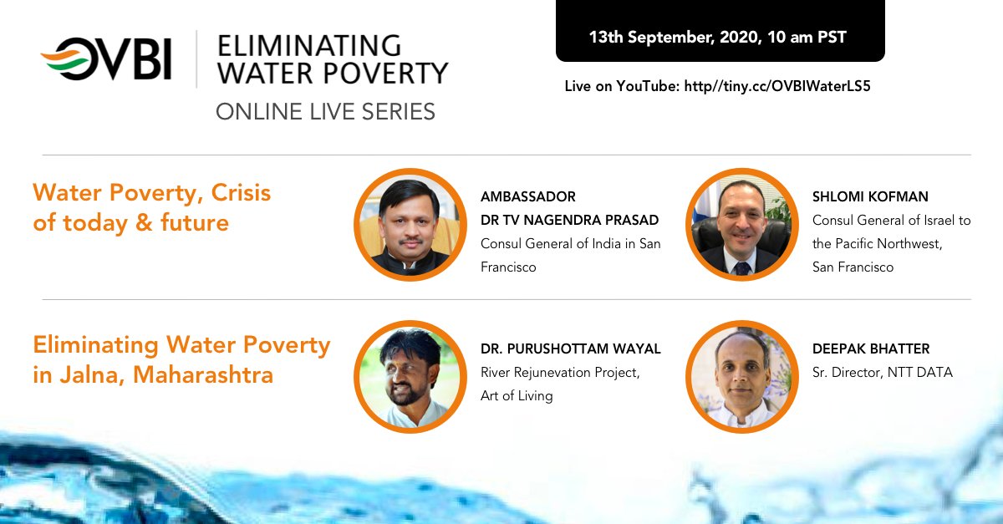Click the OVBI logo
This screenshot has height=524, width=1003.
[106, 59]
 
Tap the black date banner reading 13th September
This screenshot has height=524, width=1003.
[720, 30]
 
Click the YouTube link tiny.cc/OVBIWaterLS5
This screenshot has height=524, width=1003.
[776, 86]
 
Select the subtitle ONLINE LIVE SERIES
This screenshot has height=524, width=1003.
[325, 111]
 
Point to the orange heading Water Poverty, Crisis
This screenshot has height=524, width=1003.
[152, 193]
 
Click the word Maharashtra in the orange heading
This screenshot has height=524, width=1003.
[203, 374]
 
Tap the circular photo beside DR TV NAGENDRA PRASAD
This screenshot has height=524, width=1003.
[410, 224]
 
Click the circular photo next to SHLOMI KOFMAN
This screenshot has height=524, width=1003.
[742, 224]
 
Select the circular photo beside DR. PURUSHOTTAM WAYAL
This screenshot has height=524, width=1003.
[410, 377]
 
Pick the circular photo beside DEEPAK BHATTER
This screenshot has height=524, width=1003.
[742, 377]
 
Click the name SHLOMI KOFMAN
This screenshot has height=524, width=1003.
[870, 196]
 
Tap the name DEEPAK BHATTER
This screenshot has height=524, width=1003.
[871, 348]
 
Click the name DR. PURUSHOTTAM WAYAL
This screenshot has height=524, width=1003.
[570, 348]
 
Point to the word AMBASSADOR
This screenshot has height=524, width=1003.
[528, 196]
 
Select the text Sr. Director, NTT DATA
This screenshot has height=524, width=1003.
[883, 372]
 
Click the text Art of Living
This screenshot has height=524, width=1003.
[517, 395]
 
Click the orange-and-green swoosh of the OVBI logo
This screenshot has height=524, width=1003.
[65, 60]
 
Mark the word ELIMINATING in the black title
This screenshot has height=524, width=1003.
[309, 46]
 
